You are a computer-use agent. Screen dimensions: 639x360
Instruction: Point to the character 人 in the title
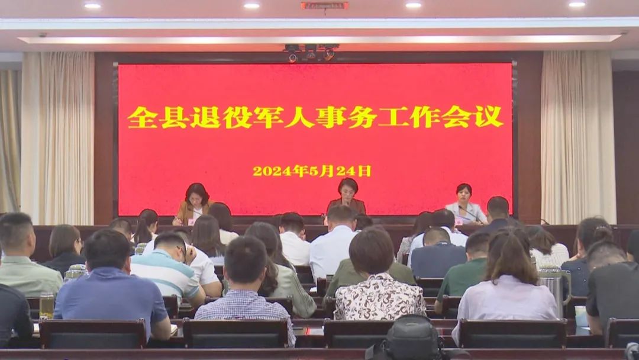[299, 117]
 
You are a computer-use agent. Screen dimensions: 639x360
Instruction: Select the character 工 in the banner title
[394, 117]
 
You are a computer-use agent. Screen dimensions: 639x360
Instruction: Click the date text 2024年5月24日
[312, 171]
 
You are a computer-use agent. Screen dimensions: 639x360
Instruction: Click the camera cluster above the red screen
[311, 53]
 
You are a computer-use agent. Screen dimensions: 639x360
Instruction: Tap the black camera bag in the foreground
[412, 338]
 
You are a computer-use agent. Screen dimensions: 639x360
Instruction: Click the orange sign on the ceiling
[324, 6]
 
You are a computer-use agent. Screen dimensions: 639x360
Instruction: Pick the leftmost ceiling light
[92, 6]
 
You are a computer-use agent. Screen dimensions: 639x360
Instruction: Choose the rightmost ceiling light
[577, 5]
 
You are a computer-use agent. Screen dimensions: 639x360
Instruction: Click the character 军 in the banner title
[268, 117]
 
